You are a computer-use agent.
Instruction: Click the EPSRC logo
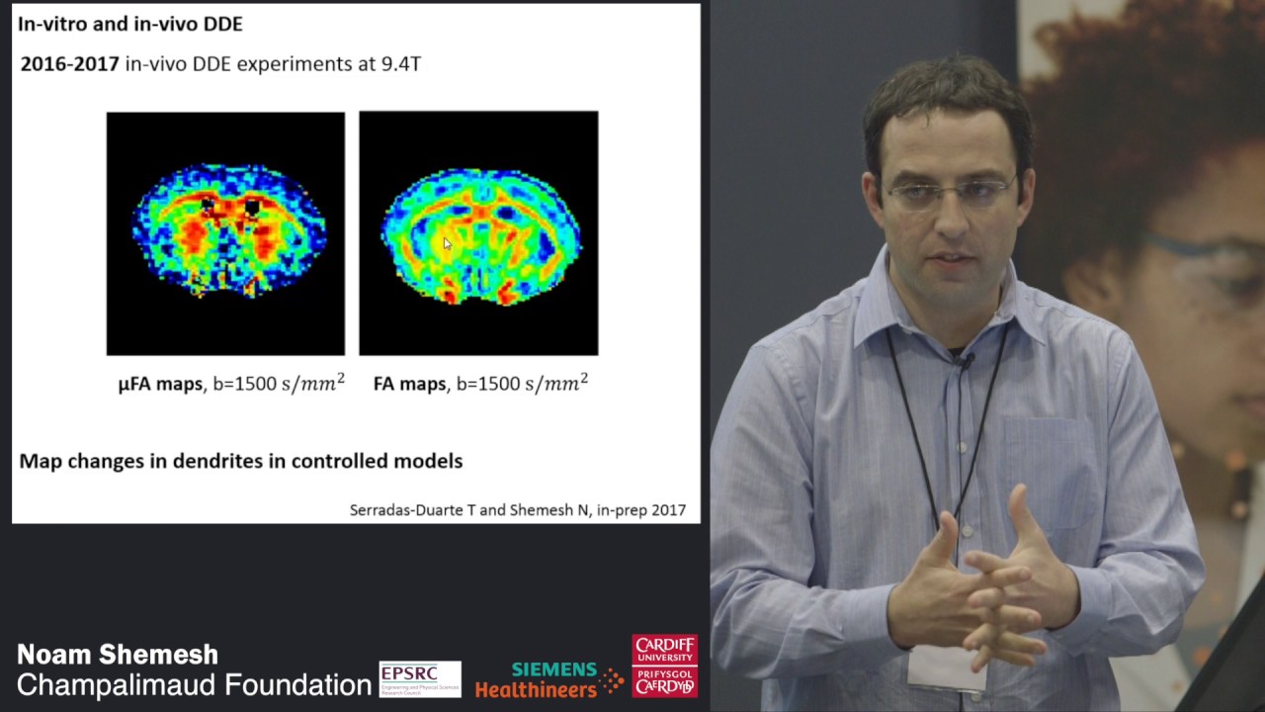[419, 678]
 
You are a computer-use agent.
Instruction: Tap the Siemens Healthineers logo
[548, 679]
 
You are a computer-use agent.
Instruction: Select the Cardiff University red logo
[664, 666]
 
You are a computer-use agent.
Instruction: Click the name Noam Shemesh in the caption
[118, 655]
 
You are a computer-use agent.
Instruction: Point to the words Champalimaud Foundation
[194, 684]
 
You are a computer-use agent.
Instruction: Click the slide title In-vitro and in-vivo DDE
[129, 24]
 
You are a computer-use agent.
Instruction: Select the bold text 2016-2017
[69, 64]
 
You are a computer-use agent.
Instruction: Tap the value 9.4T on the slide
[401, 64]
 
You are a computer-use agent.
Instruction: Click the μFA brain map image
[225, 233]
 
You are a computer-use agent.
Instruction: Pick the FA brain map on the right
[478, 233]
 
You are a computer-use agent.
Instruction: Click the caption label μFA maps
[160, 384]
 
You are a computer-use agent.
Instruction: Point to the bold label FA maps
[409, 384]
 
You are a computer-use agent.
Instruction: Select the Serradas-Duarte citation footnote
[517, 510]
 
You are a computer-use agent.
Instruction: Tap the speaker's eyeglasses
[949, 190]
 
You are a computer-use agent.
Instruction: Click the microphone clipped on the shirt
[963, 361]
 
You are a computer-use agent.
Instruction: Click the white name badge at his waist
[947, 668]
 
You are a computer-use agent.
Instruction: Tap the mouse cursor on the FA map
[447, 243]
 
